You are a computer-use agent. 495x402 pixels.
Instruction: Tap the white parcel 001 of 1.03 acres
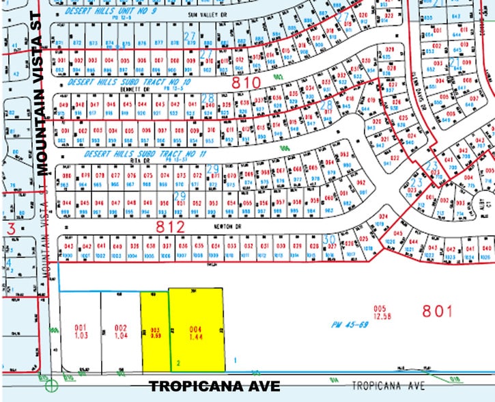tap(81, 331)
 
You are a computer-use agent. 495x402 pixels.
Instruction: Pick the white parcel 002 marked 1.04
tap(120, 331)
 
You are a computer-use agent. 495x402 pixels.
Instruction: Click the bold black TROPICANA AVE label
tap(214, 386)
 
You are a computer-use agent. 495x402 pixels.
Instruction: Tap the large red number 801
tap(437, 311)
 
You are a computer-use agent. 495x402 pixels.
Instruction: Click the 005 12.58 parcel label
tap(380, 312)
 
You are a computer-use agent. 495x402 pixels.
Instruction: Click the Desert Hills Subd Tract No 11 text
tap(145, 155)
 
